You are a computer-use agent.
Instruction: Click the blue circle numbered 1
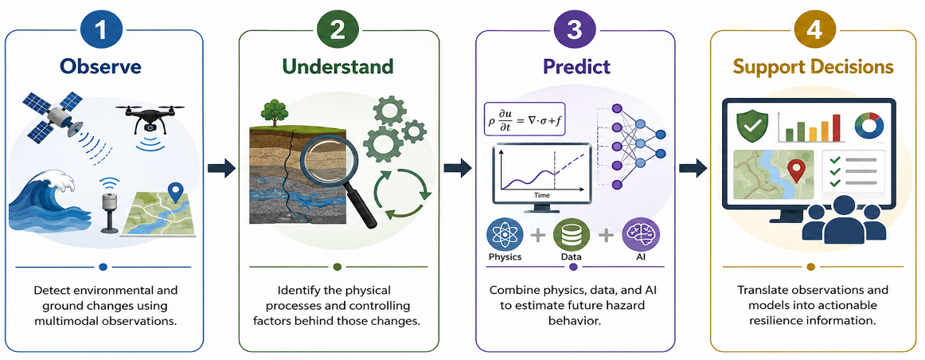point(103,30)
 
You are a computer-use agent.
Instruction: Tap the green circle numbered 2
point(338,30)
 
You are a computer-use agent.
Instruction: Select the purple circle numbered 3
point(575,30)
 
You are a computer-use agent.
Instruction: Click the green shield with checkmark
point(751,125)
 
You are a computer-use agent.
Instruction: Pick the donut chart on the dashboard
point(869,126)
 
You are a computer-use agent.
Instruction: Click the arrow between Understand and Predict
point(457,168)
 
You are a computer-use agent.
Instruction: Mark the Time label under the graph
point(541,194)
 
